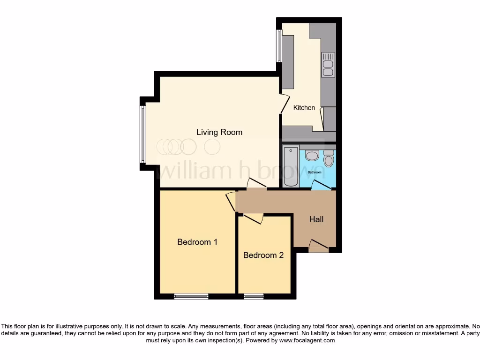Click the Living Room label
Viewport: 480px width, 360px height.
(x=219, y=132)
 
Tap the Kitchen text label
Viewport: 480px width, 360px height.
(x=304, y=108)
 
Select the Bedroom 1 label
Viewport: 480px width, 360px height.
(x=197, y=242)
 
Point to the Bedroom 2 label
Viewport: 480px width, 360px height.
(x=263, y=255)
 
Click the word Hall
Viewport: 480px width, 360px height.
(x=316, y=219)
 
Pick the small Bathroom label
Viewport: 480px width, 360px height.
(x=314, y=172)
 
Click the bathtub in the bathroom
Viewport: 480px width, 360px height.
(x=291, y=166)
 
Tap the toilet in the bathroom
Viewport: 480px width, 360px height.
(x=328, y=159)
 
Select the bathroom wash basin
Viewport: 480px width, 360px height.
(x=312, y=156)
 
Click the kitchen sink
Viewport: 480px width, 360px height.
(x=328, y=65)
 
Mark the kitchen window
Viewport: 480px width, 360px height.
(x=279, y=46)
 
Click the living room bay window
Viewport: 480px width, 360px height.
(x=142, y=134)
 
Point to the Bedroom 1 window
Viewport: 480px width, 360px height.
(x=191, y=296)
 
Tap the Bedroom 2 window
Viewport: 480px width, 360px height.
(x=254, y=296)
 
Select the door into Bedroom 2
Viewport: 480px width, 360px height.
(x=253, y=217)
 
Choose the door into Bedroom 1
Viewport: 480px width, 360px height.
(x=231, y=201)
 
